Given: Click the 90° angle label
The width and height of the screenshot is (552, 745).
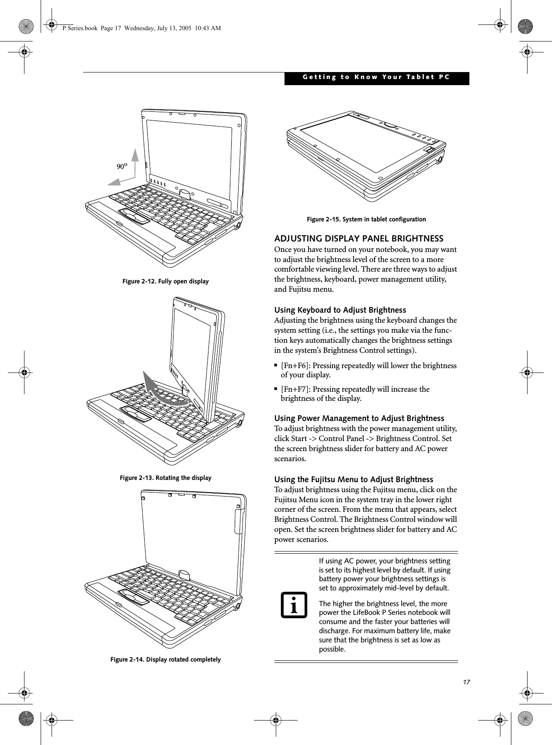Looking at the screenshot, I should click(x=122, y=166).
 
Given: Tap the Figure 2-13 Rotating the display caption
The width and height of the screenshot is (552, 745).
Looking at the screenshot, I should click(x=165, y=478).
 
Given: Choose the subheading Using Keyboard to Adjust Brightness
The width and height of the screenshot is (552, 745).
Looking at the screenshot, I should click(x=340, y=310).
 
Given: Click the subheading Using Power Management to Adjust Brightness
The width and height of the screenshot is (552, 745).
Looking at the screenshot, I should click(x=359, y=418).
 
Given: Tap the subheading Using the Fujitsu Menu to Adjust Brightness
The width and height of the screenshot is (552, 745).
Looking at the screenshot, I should click(x=354, y=479).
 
